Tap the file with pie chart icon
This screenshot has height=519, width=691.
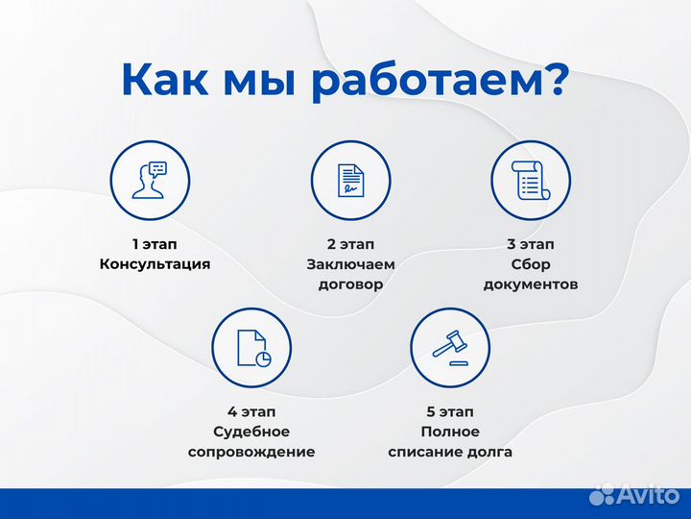coord(251,348)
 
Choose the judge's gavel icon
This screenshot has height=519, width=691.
coord(450,348)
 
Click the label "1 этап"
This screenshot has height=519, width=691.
coord(155,244)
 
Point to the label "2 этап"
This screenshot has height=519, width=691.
coord(350,244)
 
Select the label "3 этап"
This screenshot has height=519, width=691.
coord(531,244)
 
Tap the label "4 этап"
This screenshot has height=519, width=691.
coord(251,411)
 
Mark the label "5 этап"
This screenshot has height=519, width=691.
coord(450,411)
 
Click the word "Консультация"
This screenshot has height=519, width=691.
coord(155,264)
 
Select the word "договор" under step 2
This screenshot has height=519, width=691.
coord(350,284)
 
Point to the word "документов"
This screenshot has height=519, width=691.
coord(531,284)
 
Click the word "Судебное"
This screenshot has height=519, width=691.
coord(251,432)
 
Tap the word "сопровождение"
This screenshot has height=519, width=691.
coord(251,452)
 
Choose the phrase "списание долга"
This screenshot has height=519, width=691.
coord(450,452)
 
